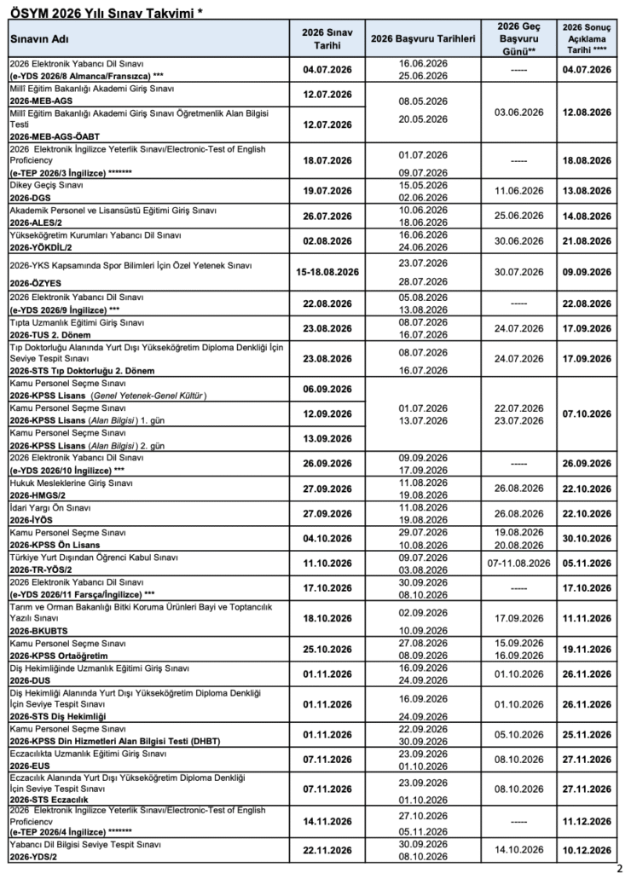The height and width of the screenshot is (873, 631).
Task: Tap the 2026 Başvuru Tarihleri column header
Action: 423,39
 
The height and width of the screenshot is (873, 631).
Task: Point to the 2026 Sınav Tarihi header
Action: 328,39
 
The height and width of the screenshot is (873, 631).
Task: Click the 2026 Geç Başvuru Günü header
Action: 520,39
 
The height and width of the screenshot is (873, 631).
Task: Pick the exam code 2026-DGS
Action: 32,197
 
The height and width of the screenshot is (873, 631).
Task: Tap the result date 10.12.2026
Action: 588,850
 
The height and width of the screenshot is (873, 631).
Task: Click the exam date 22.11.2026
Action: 328,850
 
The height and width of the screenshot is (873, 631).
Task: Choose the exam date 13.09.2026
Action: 328,440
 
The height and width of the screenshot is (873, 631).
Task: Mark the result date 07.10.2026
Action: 588,414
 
